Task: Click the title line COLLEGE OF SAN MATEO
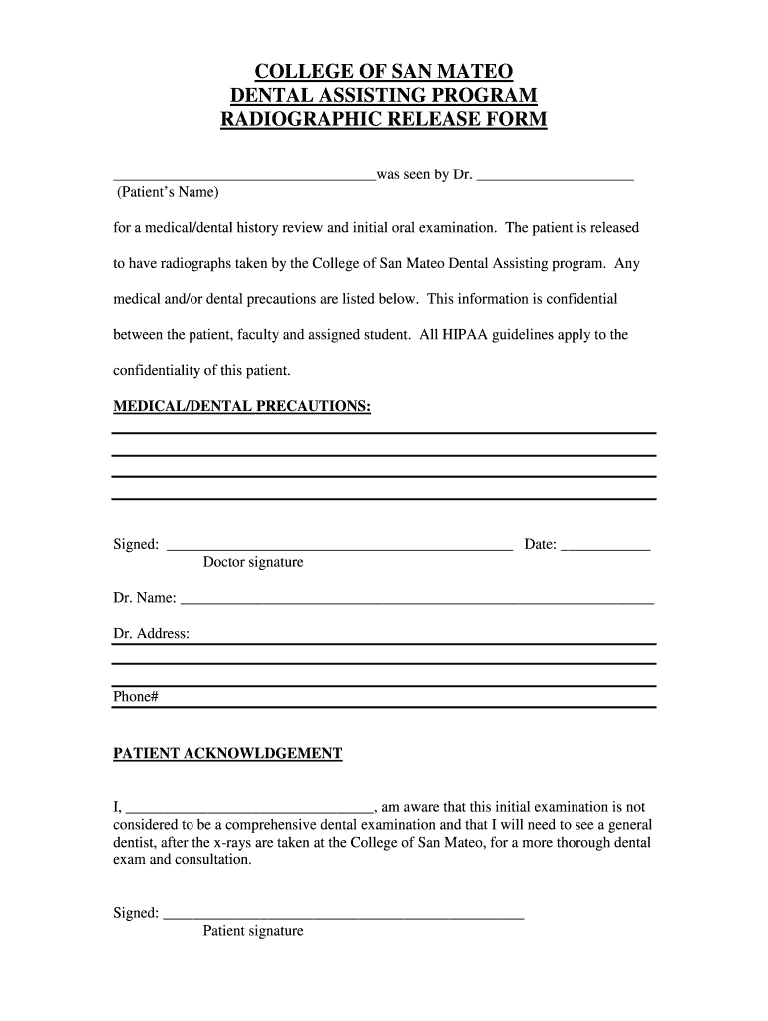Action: click(x=384, y=72)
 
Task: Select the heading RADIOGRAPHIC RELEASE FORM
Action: click(x=384, y=121)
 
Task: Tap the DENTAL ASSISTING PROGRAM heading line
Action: click(x=384, y=96)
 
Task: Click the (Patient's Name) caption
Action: click(x=168, y=191)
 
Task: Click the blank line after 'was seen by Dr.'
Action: click(x=556, y=176)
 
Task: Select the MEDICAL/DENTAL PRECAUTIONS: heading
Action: click(x=242, y=407)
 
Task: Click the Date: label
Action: click(x=540, y=545)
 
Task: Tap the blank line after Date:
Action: click(x=605, y=546)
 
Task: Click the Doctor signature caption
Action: click(x=253, y=563)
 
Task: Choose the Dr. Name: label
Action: click(x=145, y=598)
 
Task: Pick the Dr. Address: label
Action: click(x=151, y=634)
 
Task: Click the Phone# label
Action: click(x=136, y=698)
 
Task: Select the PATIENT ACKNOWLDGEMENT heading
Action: click(x=227, y=754)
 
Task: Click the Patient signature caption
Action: click(x=253, y=932)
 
